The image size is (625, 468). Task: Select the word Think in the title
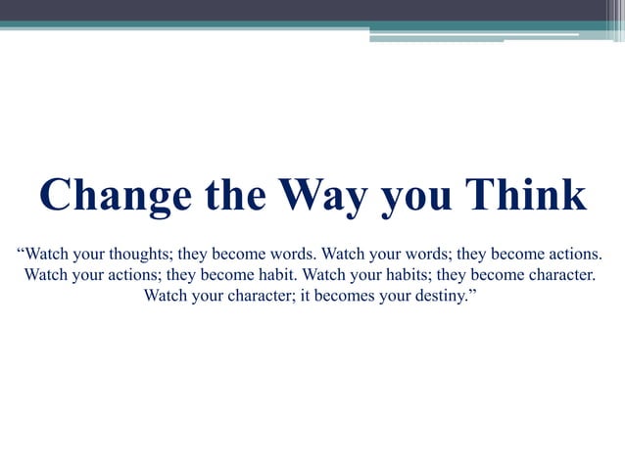(x=525, y=195)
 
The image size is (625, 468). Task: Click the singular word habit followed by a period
(x=276, y=274)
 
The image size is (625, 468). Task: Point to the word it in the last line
(x=307, y=295)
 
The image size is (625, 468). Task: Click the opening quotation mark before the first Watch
(x=22, y=252)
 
